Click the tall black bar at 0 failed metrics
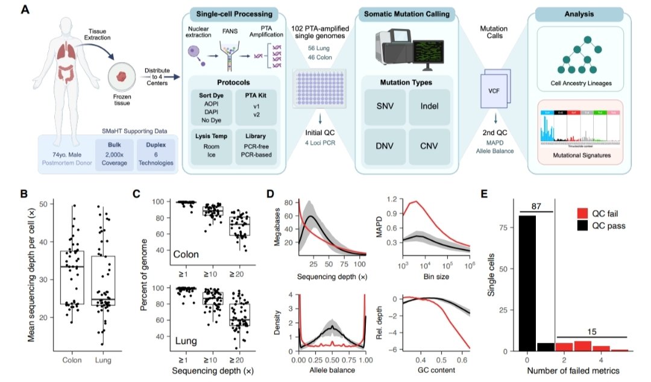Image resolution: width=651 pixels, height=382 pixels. click(x=526, y=283)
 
